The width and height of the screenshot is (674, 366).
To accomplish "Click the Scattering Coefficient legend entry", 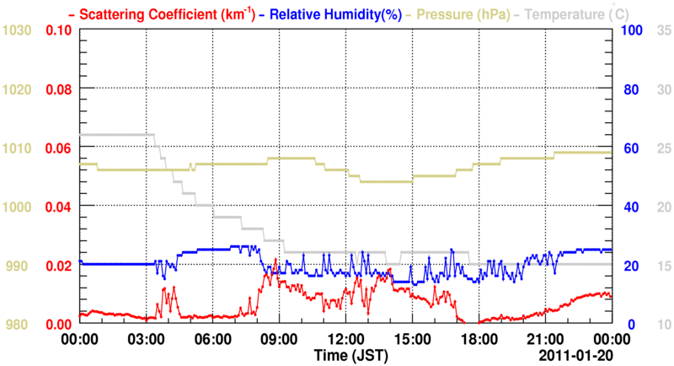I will pos(155,14).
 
